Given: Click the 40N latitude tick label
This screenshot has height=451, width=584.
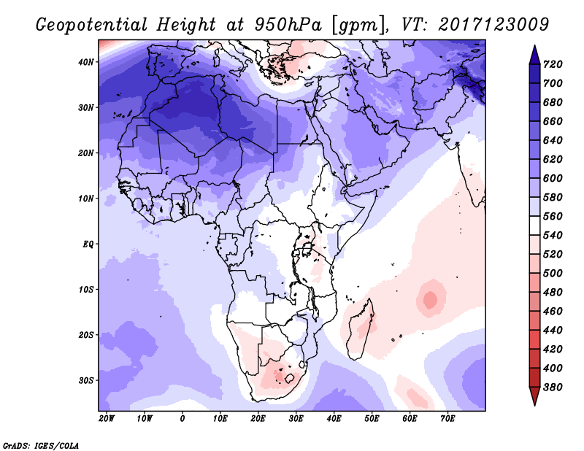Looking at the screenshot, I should pyautogui.click(x=87, y=62).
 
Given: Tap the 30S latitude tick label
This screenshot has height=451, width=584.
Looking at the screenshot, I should pyautogui.click(x=87, y=380).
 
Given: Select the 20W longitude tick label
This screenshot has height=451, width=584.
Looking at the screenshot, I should pyautogui.click(x=107, y=418).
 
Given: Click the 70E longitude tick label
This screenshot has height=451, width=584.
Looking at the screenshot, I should pyautogui.click(x=447, y=418).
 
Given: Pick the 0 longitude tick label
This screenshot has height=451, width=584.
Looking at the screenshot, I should pyautogui.click(x=182, y=418).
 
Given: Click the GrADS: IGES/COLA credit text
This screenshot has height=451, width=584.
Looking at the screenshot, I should pyautogui.click(x=40, y=444).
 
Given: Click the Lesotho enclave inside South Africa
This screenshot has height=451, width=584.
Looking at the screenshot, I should pyautogui.click(x=291, y=379).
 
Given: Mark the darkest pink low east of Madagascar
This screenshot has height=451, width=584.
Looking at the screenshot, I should pyautogui.click(x=429, y=298).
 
